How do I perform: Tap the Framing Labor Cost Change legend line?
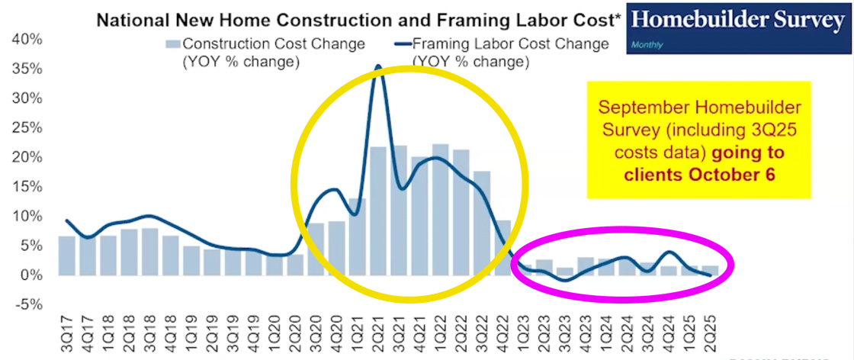402,43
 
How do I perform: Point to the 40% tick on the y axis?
28,38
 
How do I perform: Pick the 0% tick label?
33,275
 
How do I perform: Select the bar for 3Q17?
67,256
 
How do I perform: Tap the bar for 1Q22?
440,209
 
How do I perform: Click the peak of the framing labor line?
378,67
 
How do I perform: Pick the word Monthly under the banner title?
647,45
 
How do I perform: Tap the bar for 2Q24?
627,266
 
